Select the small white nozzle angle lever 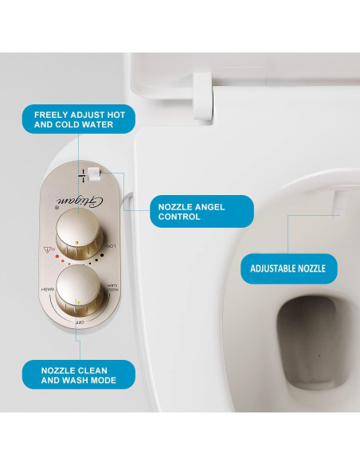pos(94,170)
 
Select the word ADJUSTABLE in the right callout pos(272,268)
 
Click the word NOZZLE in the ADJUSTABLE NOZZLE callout pos(311,268)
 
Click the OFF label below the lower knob pos(80,321)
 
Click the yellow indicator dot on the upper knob pos(75,240)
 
